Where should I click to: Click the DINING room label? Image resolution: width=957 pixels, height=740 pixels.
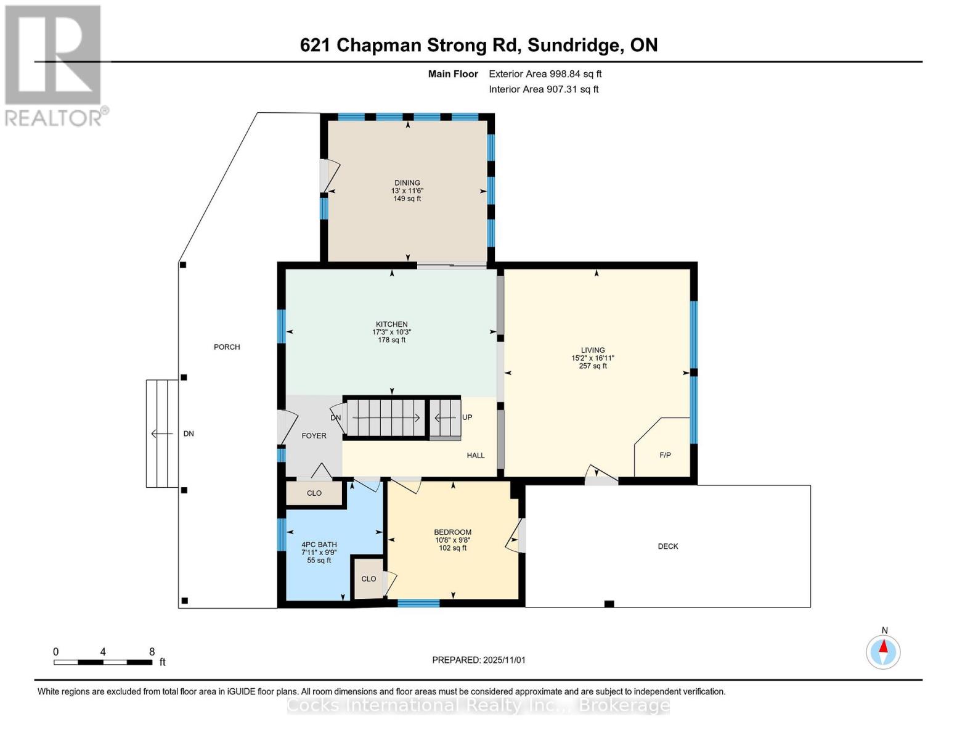(407, 183)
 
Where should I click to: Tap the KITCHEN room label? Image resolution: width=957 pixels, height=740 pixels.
(392, 324)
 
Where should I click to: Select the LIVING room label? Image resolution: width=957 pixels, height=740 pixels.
(592, 350)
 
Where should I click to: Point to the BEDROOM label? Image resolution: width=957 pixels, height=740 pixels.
(452, 532)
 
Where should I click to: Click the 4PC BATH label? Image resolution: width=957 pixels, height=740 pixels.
(319, 545)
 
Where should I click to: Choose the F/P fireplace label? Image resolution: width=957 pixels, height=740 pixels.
(665, 455)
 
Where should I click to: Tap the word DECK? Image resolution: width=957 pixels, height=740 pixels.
(667, 546)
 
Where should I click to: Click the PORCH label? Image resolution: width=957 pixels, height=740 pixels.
(227, 347)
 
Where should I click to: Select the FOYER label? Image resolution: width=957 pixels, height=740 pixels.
(314, 436)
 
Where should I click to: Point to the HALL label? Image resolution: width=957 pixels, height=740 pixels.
(475, 456)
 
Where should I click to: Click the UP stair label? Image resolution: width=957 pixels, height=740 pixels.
(467, 417)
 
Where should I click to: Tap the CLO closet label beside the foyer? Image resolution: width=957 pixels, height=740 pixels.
(314, 493)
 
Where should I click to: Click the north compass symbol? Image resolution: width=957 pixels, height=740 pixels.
(883, 651)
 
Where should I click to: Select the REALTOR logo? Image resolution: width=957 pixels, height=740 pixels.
(54, 65)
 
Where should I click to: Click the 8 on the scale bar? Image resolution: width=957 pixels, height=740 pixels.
(152, 652)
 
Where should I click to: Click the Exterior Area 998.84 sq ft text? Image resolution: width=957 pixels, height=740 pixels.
(545, 74)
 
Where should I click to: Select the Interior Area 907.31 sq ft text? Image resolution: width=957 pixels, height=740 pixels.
(544, 89)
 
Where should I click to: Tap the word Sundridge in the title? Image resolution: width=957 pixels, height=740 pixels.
(573, 45)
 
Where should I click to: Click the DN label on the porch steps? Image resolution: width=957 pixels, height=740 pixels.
(189, 434)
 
